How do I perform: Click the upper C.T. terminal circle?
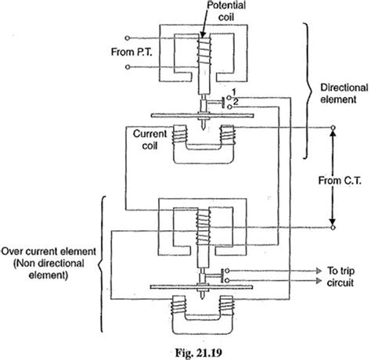pos(333,128)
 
